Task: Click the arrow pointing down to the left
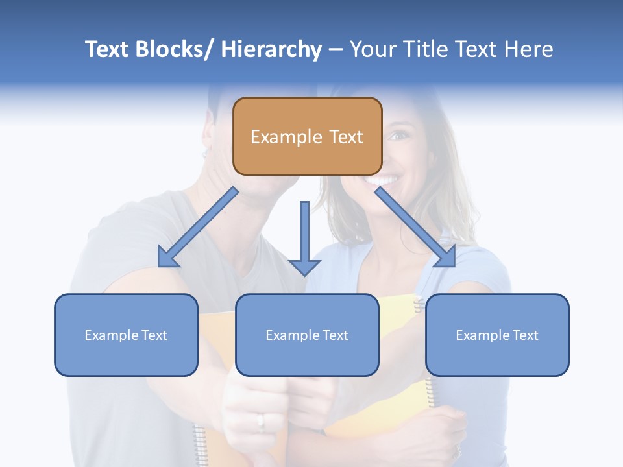199,227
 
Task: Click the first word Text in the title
108,49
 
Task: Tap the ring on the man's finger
261,422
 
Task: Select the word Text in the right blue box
525,335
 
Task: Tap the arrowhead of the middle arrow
304,267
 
